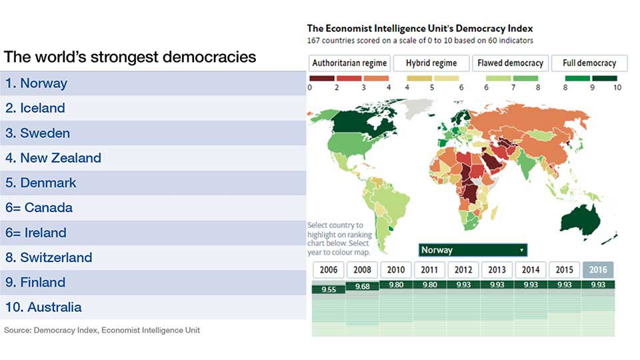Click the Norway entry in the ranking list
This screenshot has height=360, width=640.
click(x=36, y=83)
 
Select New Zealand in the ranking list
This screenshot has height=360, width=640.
click(x=53, y=158)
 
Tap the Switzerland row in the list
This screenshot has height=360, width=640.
click(x=49, y=257)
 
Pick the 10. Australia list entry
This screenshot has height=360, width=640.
click(x=43, y=307)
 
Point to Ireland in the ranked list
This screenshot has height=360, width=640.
click(x=35, y=233)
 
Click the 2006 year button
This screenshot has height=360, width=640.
click(x=328, y=270)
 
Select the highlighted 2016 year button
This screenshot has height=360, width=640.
click(x=598, y=270)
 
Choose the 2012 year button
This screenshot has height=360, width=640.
click(x=463, y=270)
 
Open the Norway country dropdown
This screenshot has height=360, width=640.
click(x=473, y=250)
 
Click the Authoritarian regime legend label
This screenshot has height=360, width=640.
click(x=349, y=63)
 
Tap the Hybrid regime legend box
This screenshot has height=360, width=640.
click(x=431, y=63)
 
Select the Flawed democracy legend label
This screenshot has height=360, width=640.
click(x=510, y=63)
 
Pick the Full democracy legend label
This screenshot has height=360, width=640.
click(x=589, y=63)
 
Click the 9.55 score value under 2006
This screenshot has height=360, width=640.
click(x=329, y=289)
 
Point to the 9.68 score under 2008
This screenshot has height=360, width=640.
click(x=363, y=287)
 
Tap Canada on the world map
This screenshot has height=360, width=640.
click(x=359, y=121)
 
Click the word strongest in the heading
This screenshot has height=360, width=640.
click(x=124, y=57)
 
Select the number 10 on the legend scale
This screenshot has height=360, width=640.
click(x=617, y=87)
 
